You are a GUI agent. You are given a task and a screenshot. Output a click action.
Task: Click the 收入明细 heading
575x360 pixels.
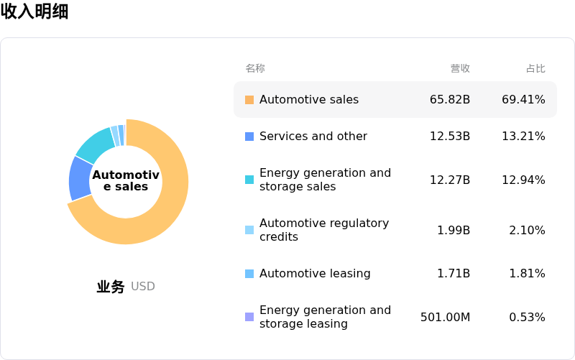point(34,11)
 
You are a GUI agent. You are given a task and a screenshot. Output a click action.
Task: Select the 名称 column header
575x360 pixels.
point(255,68)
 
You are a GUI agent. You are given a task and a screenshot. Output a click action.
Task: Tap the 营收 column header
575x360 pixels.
point(460,68)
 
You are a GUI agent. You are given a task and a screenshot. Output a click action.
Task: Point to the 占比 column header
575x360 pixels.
point(535,68)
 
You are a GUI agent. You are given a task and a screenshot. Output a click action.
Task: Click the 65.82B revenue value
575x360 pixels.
point(450,100)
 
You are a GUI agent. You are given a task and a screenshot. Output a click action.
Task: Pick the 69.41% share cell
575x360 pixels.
point(523,100)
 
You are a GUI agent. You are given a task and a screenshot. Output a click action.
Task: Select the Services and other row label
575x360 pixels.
point(313,137)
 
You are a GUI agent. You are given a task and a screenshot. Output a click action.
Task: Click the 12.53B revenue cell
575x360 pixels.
point(450,137)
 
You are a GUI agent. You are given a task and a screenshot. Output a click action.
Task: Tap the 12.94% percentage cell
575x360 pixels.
point(523,180)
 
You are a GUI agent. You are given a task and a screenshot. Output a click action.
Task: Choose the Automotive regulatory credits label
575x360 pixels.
point(324,230)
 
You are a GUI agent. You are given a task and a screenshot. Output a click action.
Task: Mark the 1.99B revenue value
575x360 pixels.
point(454,231)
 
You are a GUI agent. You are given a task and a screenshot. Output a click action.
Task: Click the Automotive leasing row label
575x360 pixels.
point(315,274)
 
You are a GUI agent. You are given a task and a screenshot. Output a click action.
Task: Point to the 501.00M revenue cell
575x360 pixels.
point(446,317)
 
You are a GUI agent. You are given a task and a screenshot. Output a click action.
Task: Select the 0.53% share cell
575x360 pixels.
point(527,317)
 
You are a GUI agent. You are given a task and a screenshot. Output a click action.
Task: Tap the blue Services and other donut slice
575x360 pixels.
point(80,177)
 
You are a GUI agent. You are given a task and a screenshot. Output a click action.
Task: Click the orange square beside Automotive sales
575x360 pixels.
point(249,100)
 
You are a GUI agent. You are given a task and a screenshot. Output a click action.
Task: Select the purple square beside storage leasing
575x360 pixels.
point(249,317)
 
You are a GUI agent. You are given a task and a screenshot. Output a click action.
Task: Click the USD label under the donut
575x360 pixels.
point(143,287)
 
